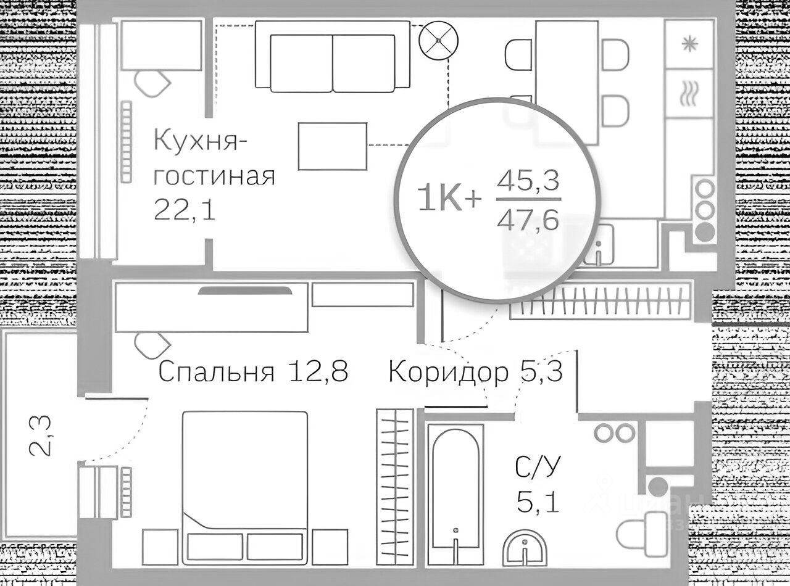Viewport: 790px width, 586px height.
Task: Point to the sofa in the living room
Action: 333,57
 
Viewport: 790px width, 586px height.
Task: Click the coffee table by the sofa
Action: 333,146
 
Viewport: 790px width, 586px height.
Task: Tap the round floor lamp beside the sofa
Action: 438,40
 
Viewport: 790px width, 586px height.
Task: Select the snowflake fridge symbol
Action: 689,44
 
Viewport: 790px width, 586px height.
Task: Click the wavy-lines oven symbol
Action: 689,96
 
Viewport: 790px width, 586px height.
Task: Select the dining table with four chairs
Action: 567,80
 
